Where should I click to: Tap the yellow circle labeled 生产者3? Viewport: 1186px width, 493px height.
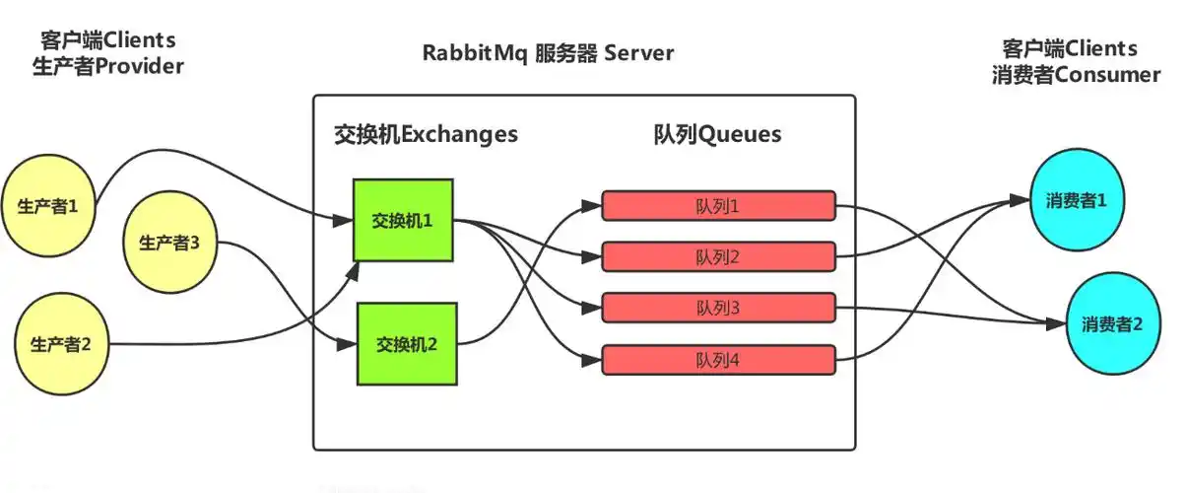pos(169,241)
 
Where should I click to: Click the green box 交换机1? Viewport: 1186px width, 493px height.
pos(403,220)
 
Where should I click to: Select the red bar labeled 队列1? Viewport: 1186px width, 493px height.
pos(718,206)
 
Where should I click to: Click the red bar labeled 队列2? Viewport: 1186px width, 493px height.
pos(718,257)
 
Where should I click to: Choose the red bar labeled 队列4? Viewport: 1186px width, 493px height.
pos(718,360)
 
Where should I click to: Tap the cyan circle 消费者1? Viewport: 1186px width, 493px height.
pos(1076,200)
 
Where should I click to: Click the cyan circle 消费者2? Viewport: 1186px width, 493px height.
pos(1112,323)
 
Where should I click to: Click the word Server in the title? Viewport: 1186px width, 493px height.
pos(639,52)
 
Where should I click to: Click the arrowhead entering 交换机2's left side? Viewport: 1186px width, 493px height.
pos(347,345)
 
